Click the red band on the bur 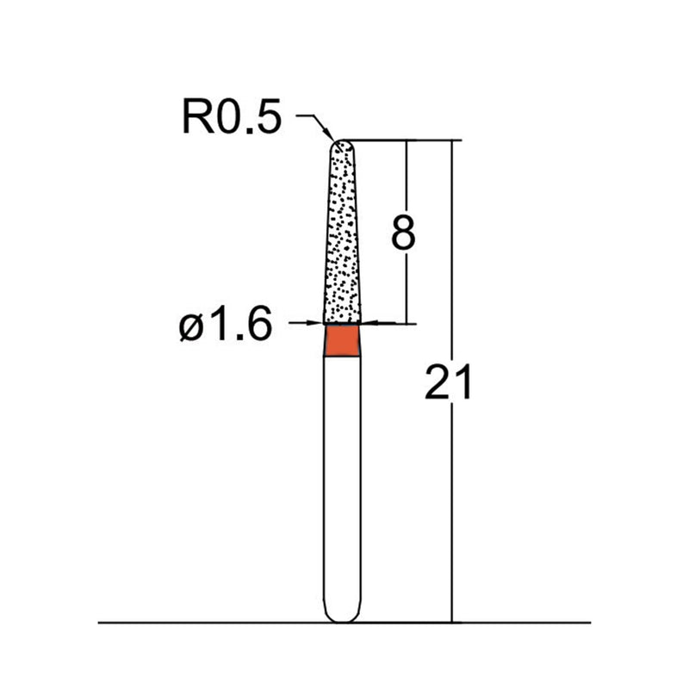[344, 339]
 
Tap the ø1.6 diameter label [226, 326]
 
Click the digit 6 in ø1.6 [258, 326]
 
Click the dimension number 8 [404, 232]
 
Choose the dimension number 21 [448, 382]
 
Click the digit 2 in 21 [438, 382]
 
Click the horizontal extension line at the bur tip [405, 140]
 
